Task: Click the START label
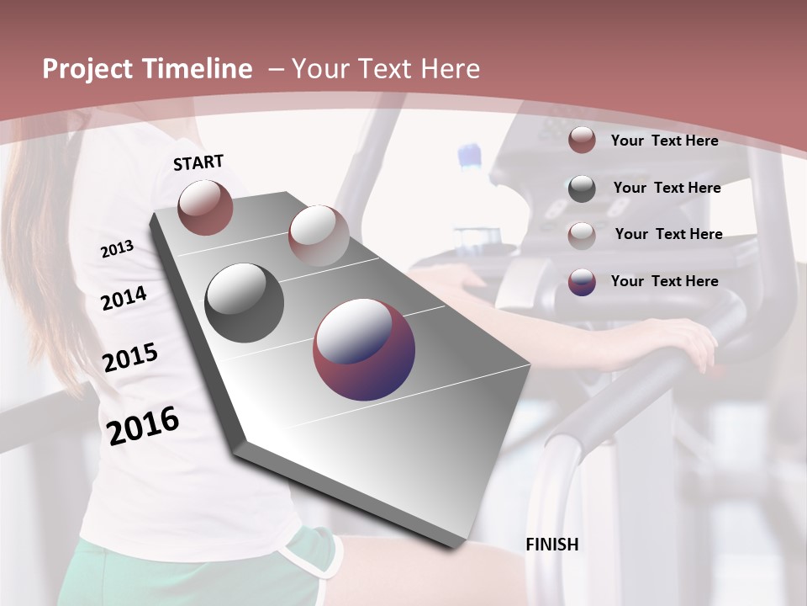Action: coord(198,162)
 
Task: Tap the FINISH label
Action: coord(552,545)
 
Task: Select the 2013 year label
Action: coord(117,248)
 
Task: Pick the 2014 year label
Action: coord(124,298)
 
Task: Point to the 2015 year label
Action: coord(130,358)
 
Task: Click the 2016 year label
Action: coord(143,425)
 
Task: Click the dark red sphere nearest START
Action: coord(205,207)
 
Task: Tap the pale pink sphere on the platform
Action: coord(318,236)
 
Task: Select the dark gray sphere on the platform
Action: coord(244,302)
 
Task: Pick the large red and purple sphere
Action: coord(364,348)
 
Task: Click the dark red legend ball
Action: coord(582,141)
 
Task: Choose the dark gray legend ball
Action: coord(582,189)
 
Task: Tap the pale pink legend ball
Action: coord(582,235)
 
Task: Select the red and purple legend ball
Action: coord(582,282)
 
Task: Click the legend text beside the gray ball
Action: coord(667,188)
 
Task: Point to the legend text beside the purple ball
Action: coord(664,281)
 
